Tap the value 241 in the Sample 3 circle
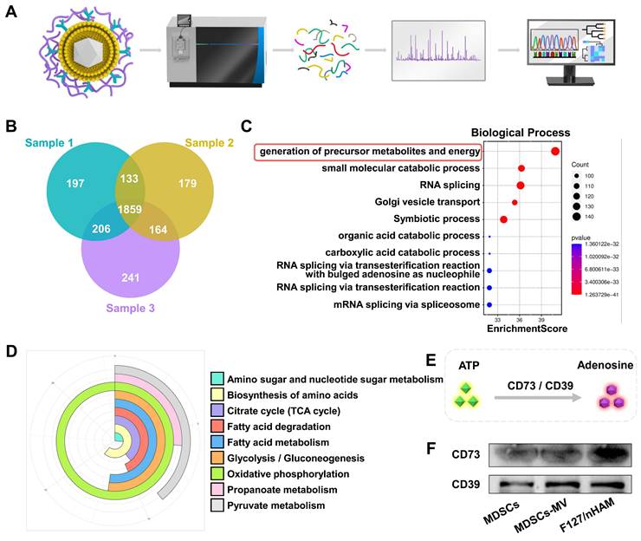coord(130,279)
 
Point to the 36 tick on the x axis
coord(518,318)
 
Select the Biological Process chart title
coord(520,133)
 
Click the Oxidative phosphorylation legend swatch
coord(217,474)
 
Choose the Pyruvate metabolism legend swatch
coord(217,505)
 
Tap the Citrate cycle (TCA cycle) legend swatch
coord(217,410)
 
